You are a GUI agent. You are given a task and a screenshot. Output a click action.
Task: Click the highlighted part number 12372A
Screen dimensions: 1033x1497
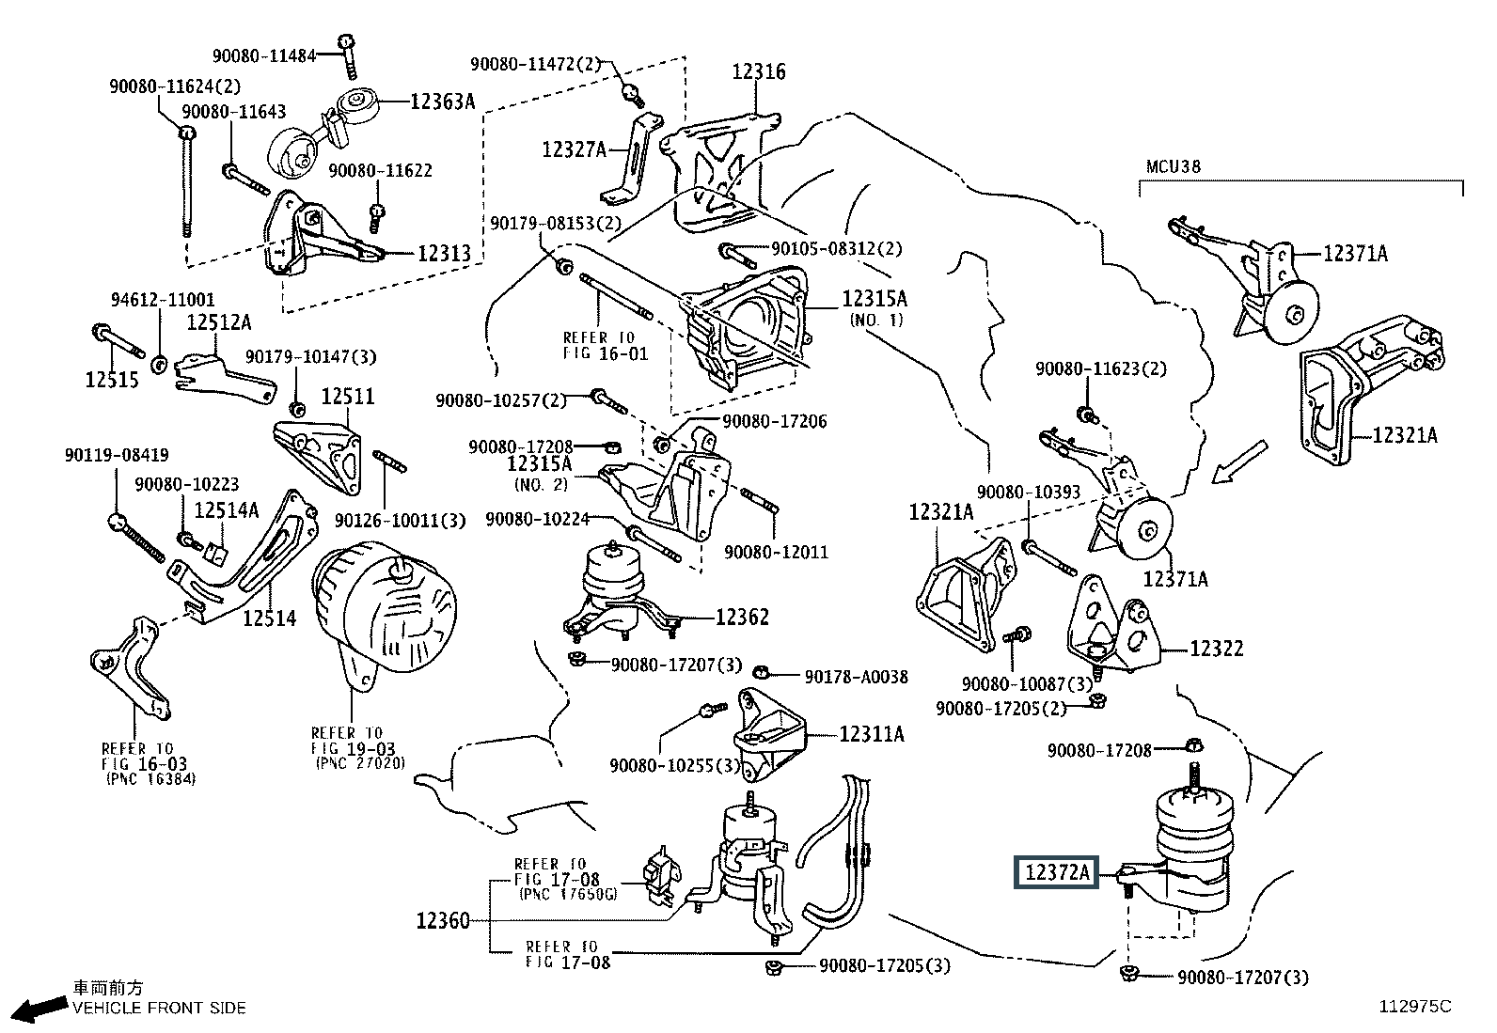click(1056, 873)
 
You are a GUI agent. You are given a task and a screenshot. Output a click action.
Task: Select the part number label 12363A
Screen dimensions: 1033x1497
click(442, 101)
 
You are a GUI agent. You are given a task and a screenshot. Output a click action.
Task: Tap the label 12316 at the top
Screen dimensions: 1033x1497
click(759, 71)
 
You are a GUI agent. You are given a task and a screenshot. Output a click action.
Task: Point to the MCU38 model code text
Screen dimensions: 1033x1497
click(1173, 167)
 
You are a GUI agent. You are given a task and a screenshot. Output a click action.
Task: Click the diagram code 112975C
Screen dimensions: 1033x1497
click(1415, 1007)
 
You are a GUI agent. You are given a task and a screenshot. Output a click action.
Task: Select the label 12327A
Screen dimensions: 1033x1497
click(574, 149)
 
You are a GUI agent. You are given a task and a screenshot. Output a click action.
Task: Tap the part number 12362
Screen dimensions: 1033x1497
click(742, 617)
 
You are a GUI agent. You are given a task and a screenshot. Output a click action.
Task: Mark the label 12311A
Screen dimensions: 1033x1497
click(871, 734)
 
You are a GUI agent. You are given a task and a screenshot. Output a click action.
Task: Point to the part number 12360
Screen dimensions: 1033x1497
click(443, 920)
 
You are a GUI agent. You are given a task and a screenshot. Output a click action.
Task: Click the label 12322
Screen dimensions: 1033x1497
click(1216, 649)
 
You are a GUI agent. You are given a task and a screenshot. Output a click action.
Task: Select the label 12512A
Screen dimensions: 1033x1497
click(218, 322)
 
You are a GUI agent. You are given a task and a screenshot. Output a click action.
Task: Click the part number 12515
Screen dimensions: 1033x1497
click(112, 379)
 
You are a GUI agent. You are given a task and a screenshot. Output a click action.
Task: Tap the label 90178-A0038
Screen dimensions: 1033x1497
click(856, 676)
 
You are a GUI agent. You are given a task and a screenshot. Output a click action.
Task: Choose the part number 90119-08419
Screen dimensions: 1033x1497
click(117, 455)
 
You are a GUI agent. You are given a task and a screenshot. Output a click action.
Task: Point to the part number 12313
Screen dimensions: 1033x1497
click(444, 253)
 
